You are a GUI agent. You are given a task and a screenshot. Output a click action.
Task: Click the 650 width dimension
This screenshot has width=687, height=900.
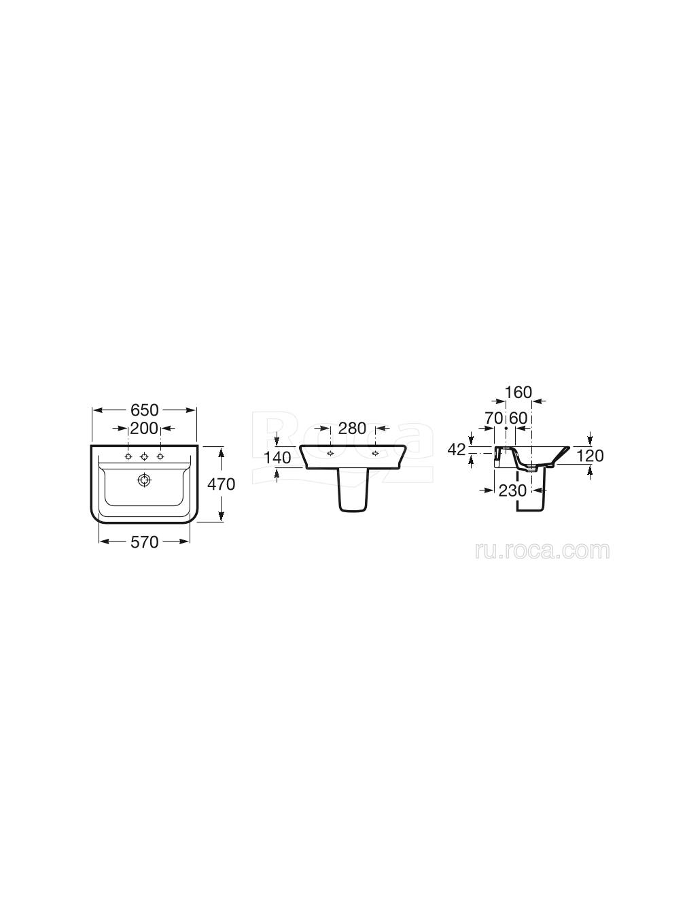(x=144, y=410)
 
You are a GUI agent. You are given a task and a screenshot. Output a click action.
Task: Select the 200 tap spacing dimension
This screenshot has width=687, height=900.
(x=144, y=428)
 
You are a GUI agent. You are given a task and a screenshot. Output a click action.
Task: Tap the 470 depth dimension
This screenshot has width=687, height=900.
(x=221, y=484)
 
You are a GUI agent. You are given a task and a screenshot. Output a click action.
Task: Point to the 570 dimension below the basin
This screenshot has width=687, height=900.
(x=144, y=542)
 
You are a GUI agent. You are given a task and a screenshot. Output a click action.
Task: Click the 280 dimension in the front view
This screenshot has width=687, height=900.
(x=352, y=428)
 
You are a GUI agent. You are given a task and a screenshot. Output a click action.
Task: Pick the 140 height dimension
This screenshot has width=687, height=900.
(x=277, y=458)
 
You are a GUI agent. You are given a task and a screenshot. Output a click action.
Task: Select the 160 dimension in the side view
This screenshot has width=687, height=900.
(x=518, y=393)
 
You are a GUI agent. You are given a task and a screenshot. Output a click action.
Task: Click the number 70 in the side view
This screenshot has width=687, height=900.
(x=494, y=418)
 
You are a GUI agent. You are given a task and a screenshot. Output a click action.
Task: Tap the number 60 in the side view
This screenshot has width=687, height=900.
(x=518, y=418)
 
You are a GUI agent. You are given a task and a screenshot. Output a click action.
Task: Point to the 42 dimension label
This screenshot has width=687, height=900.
(x=457, y=450)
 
